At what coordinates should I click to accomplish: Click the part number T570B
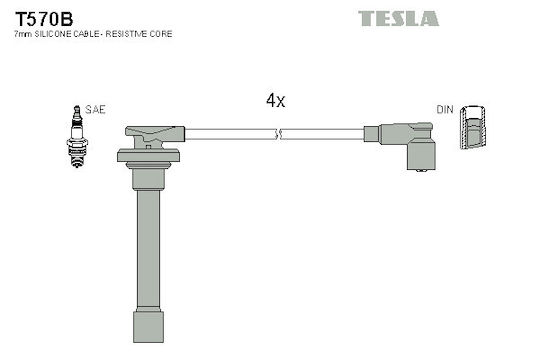click(x=44, y=19)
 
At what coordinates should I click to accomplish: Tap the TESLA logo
click(x=398, y=19)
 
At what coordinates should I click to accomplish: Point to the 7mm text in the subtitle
click(x=23, y=34)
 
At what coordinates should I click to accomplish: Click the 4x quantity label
click(x=276, y=101)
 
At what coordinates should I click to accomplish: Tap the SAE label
click(x=95, y=110)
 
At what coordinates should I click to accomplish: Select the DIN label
click(x=445, y=110)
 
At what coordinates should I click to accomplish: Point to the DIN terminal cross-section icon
click(x=473, y=127)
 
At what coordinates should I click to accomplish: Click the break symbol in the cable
click(x=279, y=134)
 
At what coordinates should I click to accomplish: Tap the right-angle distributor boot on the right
click(x=407, y=145)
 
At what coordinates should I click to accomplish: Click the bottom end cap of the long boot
click(x=148, y=327)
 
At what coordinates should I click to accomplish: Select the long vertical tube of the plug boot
click(x=148, y=250)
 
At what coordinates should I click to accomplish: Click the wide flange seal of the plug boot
click(x=148, y=155)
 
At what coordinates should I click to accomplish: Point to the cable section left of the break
click(x=230, y=134)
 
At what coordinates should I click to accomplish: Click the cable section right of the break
click(x=323, y=134)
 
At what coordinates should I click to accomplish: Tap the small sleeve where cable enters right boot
click(x=372, y=134)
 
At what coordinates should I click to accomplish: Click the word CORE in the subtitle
click(x=163, y=34)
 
